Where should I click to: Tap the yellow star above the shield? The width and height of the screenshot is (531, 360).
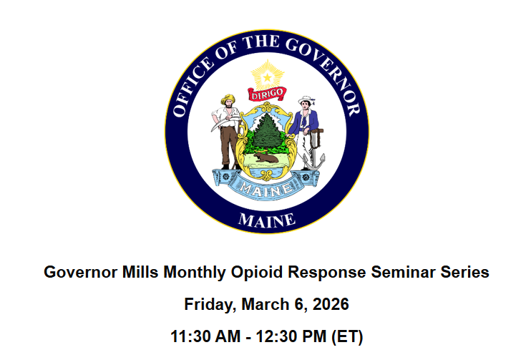click(x=266, y=74)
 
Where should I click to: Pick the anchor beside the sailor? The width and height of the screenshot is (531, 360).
click(x=313, y=157)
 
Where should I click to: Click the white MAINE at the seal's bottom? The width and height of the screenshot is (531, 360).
click(x=266, y=220)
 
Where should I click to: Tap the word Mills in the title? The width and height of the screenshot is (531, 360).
click(x=139, y=273)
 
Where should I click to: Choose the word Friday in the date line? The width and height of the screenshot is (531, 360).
click(x=207, y=304)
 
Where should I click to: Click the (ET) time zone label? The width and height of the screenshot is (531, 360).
click(x=346, y=336)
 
